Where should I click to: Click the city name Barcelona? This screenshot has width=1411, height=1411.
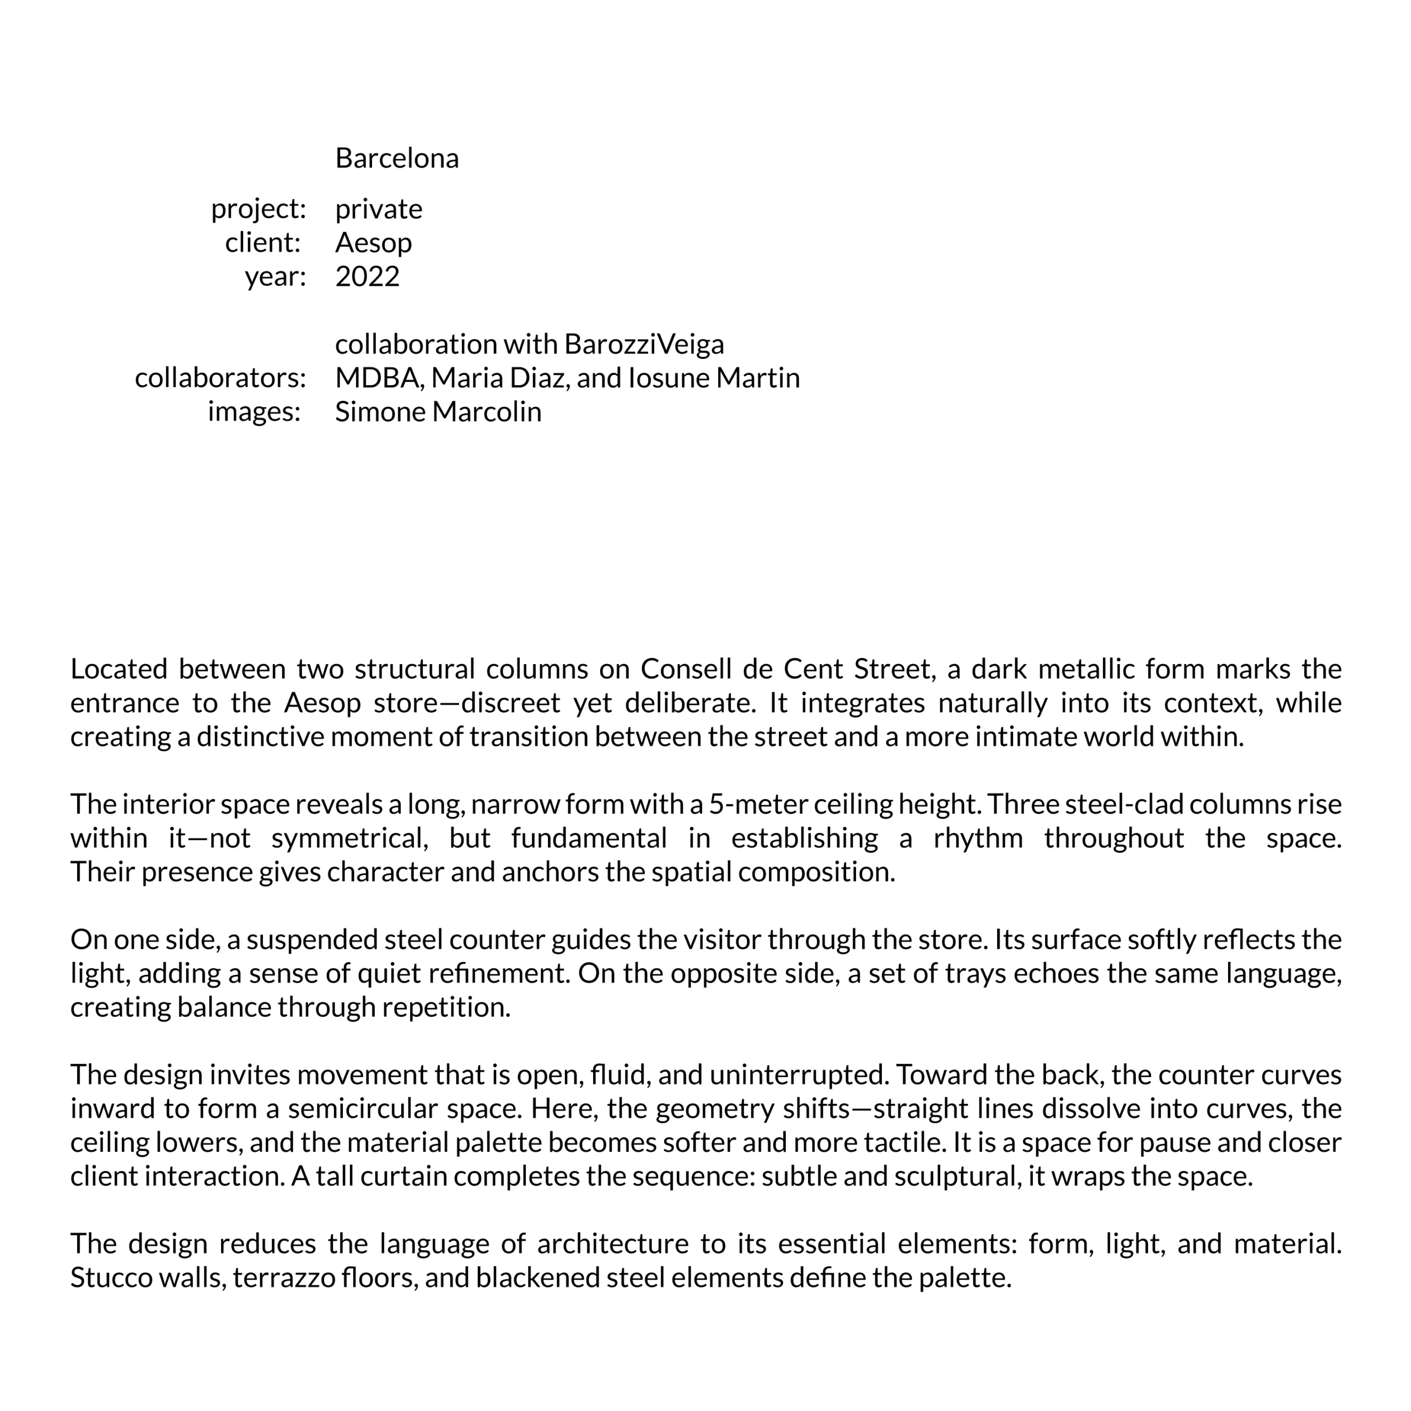click(397, 159)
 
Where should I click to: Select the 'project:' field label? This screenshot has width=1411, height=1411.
click(258, 209)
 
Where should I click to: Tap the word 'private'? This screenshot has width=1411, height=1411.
click(378, 209)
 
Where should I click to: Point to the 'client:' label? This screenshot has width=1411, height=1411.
click(263, 243)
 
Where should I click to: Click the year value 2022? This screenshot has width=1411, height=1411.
click(368, 277)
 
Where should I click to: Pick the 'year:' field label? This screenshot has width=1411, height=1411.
click(274, 277)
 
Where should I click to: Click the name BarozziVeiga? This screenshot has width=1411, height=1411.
click(644, 344)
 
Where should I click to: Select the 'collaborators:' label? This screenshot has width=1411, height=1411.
click(220, 378)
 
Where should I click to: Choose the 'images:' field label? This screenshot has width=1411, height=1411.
click(254, 412)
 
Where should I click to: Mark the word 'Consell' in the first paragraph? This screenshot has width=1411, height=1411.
click(686, 669)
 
